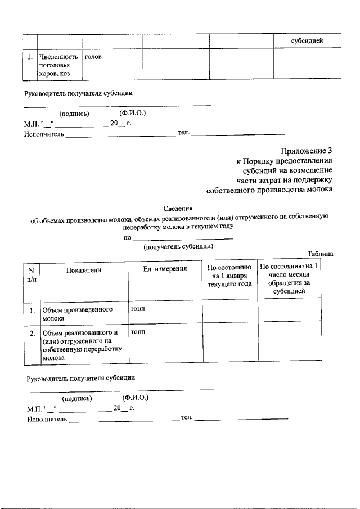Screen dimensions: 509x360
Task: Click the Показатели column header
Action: click(84, 270)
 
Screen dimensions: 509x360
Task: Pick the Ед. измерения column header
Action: click(165, 269)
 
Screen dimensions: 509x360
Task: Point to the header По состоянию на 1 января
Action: click(229, 276)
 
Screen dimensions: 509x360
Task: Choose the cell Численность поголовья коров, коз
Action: click(59, 65)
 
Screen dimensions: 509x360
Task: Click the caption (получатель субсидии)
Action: click(178, 246)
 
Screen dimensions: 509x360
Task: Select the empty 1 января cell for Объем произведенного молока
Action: click(230, 314)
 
